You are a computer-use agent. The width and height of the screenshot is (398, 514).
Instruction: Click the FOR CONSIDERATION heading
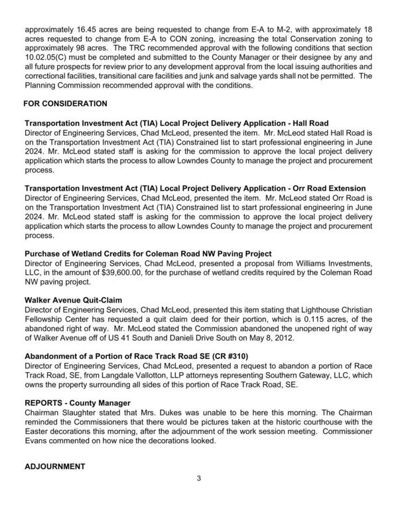65,105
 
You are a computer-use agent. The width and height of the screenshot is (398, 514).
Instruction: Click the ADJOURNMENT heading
55,467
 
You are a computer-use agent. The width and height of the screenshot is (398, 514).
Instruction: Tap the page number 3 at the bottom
198,478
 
